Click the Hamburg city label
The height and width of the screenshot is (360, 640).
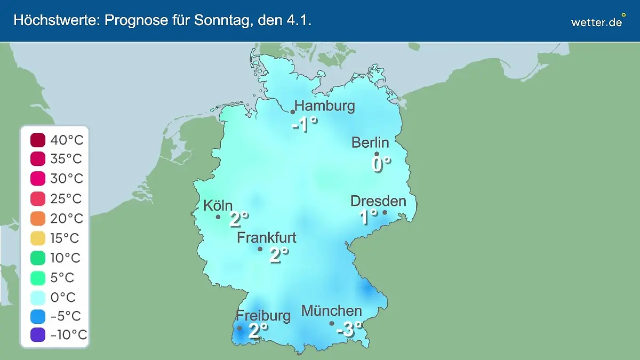324,106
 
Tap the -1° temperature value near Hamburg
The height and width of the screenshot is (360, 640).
305,125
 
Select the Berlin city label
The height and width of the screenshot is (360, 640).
370,142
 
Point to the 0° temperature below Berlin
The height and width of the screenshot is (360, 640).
381,164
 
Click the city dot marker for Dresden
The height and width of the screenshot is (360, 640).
385,212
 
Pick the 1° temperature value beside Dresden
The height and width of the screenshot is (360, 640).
369,217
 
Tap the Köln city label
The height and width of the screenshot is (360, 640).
218,206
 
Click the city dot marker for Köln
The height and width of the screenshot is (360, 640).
218,217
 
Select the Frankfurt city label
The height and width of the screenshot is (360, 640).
267,238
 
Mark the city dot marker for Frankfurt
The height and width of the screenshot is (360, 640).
260,249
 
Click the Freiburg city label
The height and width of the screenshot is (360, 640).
263,316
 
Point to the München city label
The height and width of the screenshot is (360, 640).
332,311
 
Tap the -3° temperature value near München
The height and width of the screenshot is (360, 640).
349,330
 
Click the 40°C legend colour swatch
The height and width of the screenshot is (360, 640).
38,141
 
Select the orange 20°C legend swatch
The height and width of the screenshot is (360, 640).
38,219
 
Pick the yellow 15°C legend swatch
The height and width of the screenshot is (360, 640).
38,238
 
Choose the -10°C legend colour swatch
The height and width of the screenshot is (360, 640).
38,335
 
